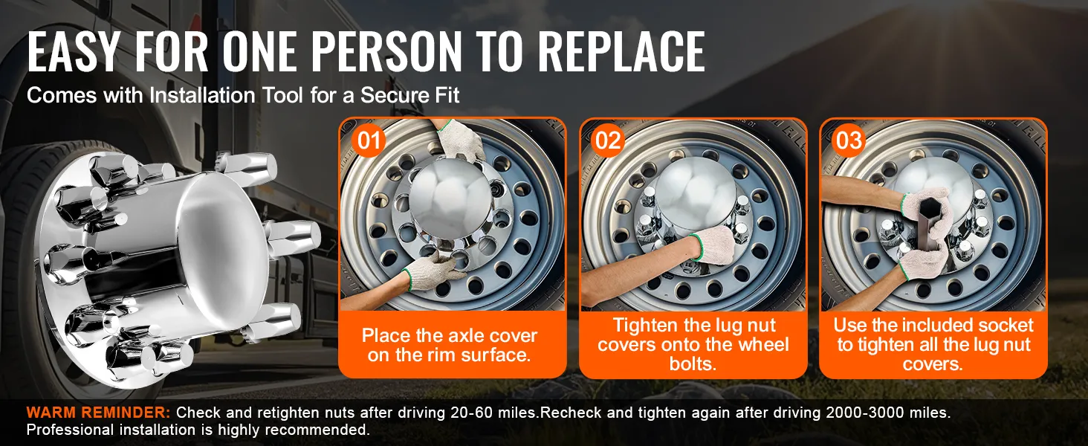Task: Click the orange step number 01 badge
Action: coord(369,141)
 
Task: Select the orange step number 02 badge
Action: coord(608,141)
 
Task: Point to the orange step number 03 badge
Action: coord(849,141)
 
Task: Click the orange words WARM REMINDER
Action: coord(98,413)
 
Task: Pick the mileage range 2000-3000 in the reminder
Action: coord(865,413)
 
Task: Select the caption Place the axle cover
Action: coord(450,335)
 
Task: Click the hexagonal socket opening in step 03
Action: coord(926,210)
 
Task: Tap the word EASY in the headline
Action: coord(73,51)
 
